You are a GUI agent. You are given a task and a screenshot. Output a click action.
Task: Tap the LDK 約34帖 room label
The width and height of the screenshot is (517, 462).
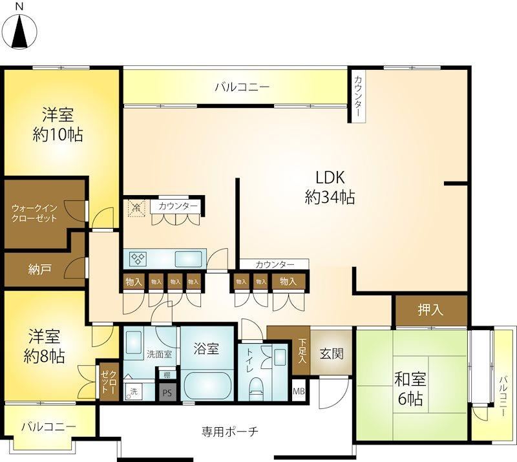pos(330,187)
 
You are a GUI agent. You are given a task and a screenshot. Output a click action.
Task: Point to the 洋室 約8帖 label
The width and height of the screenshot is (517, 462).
pos(44,346)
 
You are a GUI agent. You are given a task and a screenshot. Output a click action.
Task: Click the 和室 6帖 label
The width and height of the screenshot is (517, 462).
pos(410,389)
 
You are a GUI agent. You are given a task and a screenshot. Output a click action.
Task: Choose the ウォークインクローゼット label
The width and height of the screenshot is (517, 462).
pos(34,213)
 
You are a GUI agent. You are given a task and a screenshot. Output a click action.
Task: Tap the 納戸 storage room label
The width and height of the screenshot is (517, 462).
pos(39,269)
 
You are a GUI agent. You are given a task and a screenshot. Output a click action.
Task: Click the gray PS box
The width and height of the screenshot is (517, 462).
pos(167,392)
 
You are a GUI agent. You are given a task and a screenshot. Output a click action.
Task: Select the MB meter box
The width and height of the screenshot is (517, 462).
pos(299,392)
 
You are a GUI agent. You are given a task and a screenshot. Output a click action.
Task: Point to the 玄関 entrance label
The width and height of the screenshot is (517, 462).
pos(332,354)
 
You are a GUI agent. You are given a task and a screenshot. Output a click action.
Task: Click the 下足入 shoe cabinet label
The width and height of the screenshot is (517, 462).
pos(302,351)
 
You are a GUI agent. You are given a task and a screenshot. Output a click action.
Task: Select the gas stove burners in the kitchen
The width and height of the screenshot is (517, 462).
pos(138,258)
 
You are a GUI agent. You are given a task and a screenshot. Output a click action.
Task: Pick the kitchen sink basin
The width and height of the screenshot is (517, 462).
pos(188,259)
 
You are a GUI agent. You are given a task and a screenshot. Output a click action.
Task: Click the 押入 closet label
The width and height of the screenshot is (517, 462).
pos(430,310)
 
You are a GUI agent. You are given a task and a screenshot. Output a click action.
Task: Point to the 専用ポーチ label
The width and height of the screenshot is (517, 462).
pos(230,432)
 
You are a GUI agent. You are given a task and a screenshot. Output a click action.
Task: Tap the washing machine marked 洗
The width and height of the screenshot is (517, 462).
pos(133,392)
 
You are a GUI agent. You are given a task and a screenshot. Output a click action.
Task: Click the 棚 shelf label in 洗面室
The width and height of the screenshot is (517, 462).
pos(167,375)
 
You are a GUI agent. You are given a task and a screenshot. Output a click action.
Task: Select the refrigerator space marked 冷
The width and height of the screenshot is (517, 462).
pos(136,209)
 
